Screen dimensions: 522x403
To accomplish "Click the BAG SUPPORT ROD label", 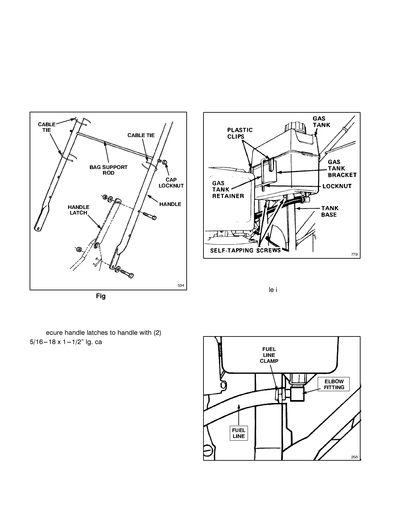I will click(x=108, y=170).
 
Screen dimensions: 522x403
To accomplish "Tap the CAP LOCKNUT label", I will click(x=171, y=183).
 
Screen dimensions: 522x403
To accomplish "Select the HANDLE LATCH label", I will click(x=78, y=210).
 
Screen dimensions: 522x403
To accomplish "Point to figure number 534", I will click(x=180, y=285).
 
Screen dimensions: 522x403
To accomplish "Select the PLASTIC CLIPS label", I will click(x=240, y=133).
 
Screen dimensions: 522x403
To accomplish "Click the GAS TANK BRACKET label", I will click(x=342, y=168).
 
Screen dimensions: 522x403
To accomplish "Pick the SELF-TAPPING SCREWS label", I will click(x=246, y=250).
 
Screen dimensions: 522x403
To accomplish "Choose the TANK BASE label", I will click(x=329, y=211).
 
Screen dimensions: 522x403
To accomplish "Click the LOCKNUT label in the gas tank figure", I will click(x=337, y=186).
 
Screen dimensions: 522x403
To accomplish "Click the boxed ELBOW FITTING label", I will click(x=334, y=385).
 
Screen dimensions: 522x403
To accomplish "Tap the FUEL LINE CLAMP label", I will click(x=269, y=355).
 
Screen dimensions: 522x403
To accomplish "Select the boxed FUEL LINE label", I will click(x=238, y=433).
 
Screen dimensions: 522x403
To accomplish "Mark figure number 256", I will click(x=354, y=457).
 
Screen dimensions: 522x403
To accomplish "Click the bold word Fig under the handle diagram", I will click(x=101, y=296).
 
